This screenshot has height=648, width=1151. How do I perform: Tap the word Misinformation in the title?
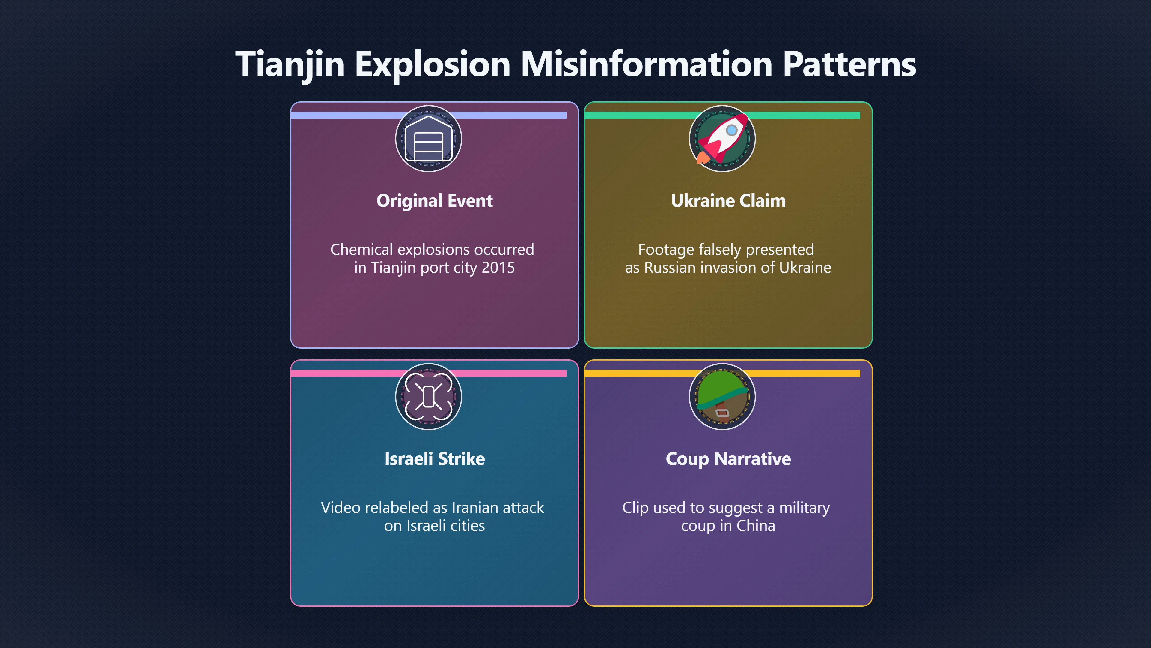647,64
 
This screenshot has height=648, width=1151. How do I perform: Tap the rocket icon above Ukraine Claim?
722,139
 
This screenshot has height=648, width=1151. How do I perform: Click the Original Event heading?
434,201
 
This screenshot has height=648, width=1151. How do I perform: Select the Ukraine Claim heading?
728,201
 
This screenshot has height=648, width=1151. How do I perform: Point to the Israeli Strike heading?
434,459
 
